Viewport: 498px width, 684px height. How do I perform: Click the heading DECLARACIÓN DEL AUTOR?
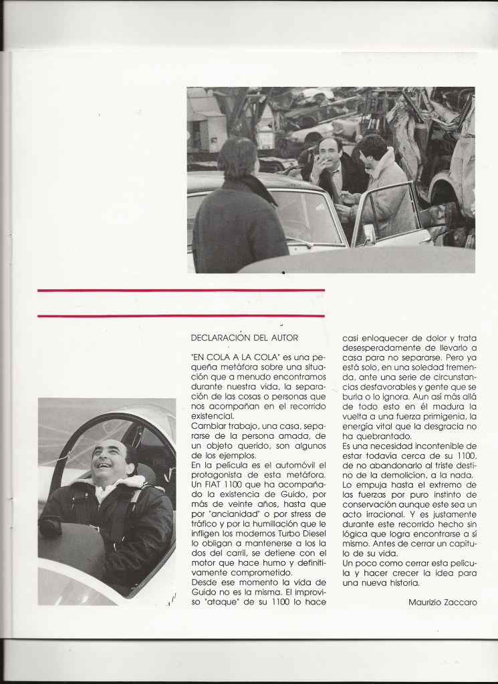pyautogui.click(x=244, y=337)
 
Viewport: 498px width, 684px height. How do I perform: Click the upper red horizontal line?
pyautogui.click(x=181, y=291)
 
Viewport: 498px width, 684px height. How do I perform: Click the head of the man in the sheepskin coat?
pyautogui.click(x=373, y=148)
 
